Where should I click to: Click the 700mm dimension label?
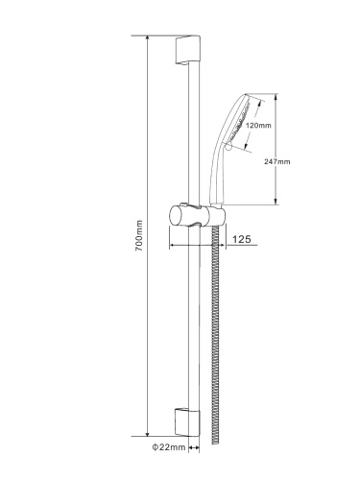pos(139,235)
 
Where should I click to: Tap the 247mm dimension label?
pos(277,161)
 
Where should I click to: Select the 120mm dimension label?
pos(258,126)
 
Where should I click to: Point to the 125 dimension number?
pos(241,239)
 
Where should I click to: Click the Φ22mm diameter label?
pos(169,447)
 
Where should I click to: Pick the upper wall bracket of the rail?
pos(187,50)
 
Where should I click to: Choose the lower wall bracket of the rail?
pos(187,421)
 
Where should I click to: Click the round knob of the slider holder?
pos(176,216)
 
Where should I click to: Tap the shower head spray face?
pos(238,122)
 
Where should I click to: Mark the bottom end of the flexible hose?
pos(216,443)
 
